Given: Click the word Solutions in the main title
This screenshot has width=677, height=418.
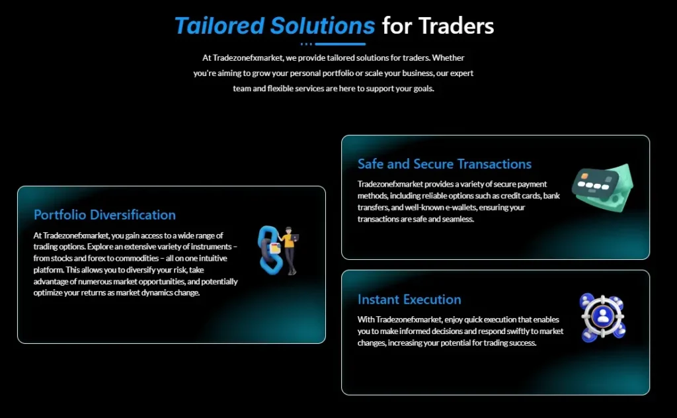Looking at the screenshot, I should [x=322, y=26].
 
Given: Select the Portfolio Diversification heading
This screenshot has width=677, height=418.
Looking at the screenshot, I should [x=104, y=215].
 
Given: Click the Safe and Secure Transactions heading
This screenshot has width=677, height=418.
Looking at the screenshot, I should [x=444, y=164].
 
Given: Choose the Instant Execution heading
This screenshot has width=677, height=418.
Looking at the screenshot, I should [x=409, y=300].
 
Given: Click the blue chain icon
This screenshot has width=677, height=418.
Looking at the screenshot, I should [x=268, y=251].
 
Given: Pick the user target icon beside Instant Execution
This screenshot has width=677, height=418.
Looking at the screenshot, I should [x=602, y=317].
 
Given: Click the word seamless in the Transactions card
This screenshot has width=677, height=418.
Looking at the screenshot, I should [x=459, y=219].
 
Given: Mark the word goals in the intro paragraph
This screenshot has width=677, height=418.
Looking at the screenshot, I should [x=420, y=89].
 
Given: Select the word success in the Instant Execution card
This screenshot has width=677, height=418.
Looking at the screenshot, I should [x=521, y=343].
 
